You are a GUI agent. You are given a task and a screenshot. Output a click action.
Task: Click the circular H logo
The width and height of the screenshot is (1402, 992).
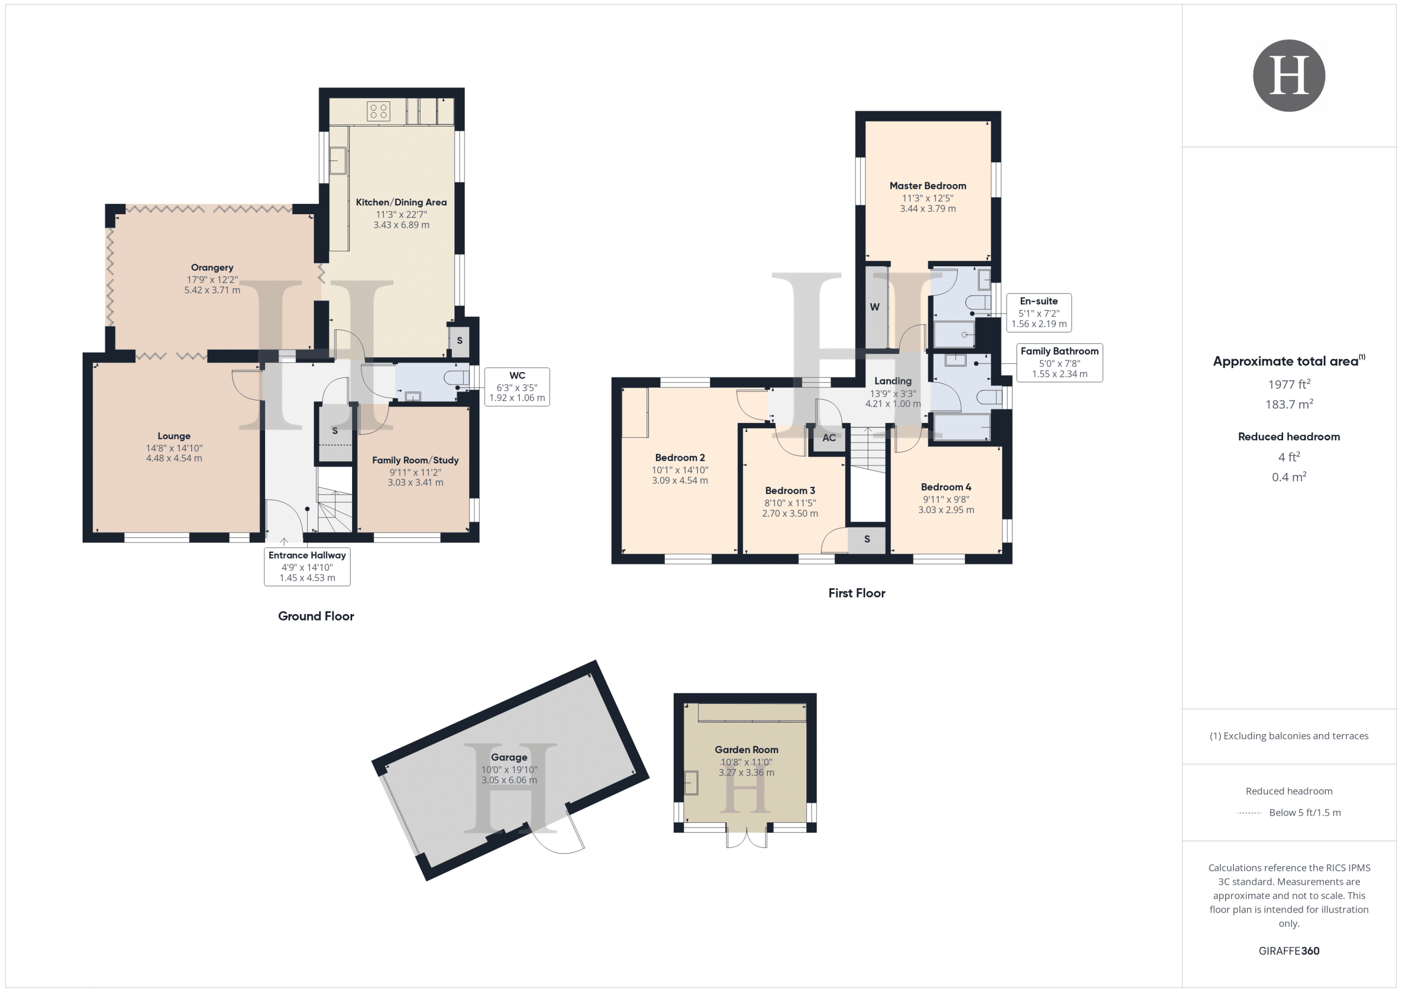point(1289,75)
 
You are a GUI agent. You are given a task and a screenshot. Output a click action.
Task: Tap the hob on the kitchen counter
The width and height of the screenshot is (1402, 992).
point(378,111)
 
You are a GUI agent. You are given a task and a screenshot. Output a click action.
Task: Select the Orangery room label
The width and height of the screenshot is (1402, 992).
point(212,267)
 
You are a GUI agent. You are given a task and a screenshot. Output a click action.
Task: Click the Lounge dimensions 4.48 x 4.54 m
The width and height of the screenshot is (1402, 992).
point(174,458)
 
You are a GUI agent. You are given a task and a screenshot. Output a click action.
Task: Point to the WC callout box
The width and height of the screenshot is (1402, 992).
point(517,387)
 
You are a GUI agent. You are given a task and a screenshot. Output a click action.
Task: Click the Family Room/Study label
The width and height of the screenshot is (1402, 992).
point(415,460)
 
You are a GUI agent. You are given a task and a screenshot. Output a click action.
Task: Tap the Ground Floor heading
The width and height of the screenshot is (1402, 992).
point(315,616)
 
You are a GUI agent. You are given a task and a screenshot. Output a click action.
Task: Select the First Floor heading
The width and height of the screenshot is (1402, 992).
point(857,593)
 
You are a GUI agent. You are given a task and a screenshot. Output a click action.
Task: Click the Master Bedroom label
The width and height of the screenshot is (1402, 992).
point(928,186)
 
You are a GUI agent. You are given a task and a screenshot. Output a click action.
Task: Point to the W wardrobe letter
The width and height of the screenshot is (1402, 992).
point(875,307)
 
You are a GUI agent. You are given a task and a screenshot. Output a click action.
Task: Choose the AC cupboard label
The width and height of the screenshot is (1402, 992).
point(829,437)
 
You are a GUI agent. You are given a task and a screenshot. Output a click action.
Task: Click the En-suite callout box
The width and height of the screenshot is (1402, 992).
point(1039,313)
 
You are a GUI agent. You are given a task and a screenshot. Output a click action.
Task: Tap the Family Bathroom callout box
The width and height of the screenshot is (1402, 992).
point(1059,363)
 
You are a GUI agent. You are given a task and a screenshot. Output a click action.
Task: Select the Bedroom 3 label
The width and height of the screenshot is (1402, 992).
point(790,490)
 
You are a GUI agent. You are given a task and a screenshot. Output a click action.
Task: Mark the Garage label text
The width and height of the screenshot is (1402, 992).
point(509,758)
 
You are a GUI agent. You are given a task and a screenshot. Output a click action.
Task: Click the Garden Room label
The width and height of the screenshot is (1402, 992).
point(746,749)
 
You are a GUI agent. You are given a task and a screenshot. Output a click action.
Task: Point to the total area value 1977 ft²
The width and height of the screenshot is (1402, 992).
point(1289,384)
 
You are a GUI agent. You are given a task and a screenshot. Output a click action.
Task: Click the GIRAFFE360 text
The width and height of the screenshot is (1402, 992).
point(1289,951)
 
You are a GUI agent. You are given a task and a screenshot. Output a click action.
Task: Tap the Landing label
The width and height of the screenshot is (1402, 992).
point(893,381)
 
